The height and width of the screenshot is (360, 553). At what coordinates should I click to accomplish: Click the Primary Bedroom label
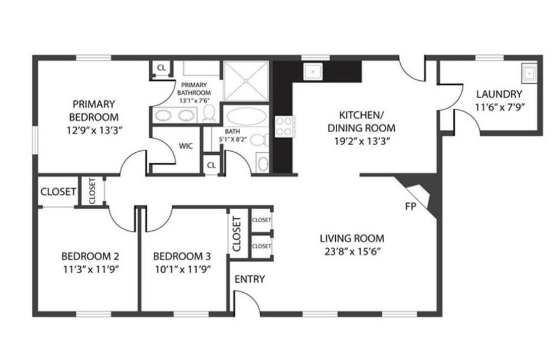pos(94,110)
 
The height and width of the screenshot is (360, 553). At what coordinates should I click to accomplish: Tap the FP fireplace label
pos(411,207)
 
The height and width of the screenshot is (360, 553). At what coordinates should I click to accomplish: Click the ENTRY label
pos(250,279)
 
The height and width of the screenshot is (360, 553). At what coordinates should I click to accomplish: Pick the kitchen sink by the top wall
pos(312,72)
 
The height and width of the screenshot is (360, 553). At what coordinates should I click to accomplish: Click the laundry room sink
pos(529,73)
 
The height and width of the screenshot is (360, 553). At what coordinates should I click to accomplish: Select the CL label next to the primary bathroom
pos(161,68)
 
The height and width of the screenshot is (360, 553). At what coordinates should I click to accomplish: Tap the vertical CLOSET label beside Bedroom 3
pos(237,234)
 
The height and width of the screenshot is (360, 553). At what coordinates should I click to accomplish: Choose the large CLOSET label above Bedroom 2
pos(58,192)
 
